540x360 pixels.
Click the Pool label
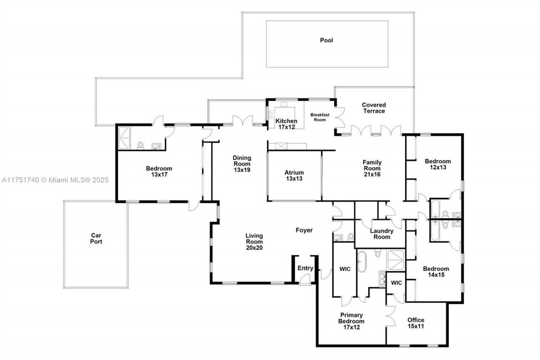(x=326, y=41)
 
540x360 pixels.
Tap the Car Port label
(x=96, y=238)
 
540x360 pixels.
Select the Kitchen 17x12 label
(x=286, y=124)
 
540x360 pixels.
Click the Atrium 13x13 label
(x=294, y=175)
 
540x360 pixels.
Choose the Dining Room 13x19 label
(x=242, y=164)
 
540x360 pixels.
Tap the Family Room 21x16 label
(x=372, y=168)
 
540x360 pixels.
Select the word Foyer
(x=304, y=230)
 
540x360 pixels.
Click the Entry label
(x=305, y=268)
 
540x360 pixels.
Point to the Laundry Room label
(x=382, y=234)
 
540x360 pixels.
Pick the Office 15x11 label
(x=416, y=323)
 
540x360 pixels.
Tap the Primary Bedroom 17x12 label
(x=351, y=321)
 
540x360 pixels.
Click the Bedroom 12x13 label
(x=437, y=164)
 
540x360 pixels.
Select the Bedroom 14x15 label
(x=436, y=272)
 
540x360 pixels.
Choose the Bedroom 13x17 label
(x=159, y=171)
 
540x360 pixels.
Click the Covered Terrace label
(x=374, y=108)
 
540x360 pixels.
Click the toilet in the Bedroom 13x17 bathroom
(x=140, y=146)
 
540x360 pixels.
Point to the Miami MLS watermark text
(x=55, y=180)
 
